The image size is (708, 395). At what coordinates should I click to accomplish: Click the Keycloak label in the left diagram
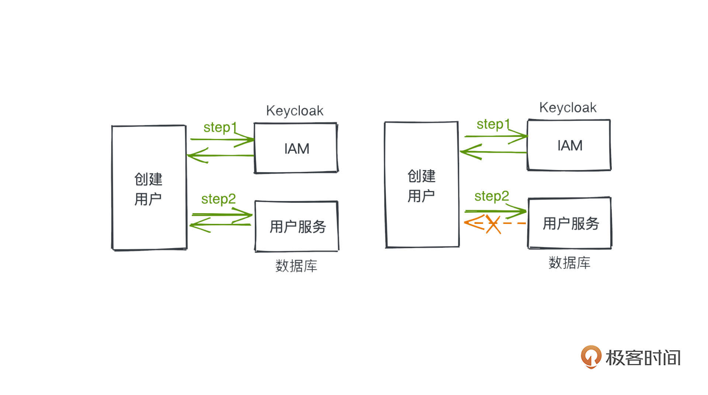pyautogui.click(x=295, y=111)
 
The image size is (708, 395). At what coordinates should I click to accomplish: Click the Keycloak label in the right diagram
pyautogui.click(x=568, y=108)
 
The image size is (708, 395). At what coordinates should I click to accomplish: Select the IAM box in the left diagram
pyautogui.click(x=296, y=148)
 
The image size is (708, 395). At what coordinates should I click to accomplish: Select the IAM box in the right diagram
pyautogui.click(x=569, y=145)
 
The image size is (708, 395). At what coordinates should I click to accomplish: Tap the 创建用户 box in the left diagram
pyautogui.click(x=149, y=188)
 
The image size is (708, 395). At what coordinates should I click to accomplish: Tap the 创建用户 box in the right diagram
pyautogui.click(x=422, y=185)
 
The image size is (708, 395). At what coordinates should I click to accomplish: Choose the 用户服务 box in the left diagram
pyautogui.click(x=297, y=226)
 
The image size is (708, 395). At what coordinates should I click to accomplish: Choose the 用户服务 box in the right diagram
pyautogui.click(x=570, y=224)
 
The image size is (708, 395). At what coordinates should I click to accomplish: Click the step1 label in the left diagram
pyautogui.click(x=220, y=127)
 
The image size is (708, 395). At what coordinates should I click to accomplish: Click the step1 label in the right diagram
pyautogui.click(x=493, y=124)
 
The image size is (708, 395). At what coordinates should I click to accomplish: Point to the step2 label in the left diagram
pyautogui.click(x=218, y=199)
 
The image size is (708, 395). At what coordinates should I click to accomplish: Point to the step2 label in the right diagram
pyautogui.click(x=492, y=196)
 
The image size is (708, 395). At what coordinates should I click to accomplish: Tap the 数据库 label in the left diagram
pyautogui.click(x=296, y=266)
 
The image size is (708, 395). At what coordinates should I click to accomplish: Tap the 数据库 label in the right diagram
pyautogui.click(x=569, y=263)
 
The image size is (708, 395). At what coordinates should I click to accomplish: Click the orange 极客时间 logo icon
pyautogui.click(x=591, y=357)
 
